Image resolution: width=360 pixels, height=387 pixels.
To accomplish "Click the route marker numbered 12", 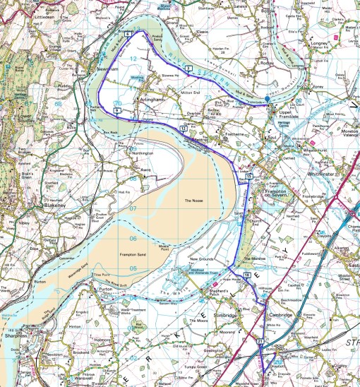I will [x=184, y=129].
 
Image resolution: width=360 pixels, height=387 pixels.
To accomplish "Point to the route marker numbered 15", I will [x=249, y=177].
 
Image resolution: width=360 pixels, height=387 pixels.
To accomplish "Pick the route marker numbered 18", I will [x=246, y=274].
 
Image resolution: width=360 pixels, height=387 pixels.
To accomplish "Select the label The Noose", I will [x=193, y=201].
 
